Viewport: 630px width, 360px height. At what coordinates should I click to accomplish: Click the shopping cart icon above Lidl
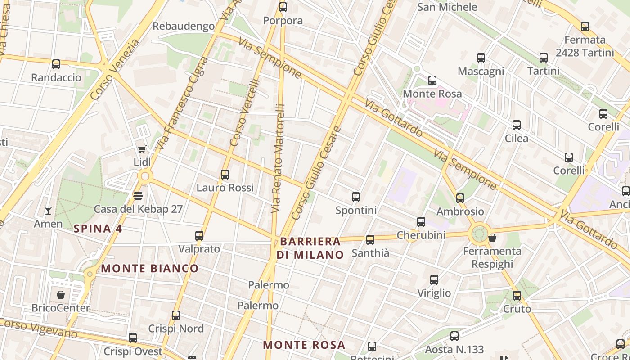click(x=142, y=149)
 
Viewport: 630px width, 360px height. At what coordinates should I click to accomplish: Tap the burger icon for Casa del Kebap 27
click(x=138, y=196)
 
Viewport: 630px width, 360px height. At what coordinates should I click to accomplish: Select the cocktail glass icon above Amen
click(x=48, y=210)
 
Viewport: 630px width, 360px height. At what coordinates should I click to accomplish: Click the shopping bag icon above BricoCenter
click(x=61, y=295)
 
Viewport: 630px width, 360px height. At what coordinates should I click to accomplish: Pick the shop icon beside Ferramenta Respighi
click(x=492, y=238)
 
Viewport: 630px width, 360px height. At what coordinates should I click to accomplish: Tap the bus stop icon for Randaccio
click(x=56, y=64)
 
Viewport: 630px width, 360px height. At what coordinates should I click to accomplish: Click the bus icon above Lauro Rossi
click(x=225, y=175)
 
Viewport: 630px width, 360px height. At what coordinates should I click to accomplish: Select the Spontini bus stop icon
click(x=356, y=197)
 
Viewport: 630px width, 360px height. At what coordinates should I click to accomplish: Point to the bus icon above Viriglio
click(x=434, y=280)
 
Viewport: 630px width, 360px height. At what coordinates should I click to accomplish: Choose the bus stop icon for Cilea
click(x=517, y=125)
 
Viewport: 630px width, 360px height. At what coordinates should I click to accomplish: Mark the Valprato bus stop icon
click(x=199, y=236)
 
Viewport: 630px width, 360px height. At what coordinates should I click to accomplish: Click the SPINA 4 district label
click(x=98, y=229)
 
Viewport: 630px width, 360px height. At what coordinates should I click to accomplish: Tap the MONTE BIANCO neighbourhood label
click(x=149, y=269)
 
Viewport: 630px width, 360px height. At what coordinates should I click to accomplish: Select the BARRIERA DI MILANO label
click(x=310, y=248)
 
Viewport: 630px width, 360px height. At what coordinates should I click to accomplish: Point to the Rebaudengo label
click(x=184, y=26)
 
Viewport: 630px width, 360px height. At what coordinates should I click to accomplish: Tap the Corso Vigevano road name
click(x=38, y=328)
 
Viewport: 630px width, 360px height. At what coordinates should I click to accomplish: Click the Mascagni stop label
click(x=481, y=72)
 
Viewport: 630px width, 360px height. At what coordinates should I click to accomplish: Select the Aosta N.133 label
click(x=454, y=349)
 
